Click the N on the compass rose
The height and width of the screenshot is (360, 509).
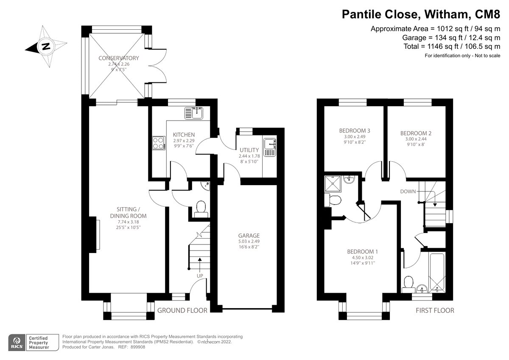(x=46, y=46)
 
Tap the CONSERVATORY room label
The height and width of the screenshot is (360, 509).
(x=119, y=58)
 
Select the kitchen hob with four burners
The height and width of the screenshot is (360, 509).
(x=159, y=143)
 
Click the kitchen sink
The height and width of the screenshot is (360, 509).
(x=194, y=113)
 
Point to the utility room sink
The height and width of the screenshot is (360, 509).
(x=270, y=147)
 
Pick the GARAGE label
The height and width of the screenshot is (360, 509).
(x=249, y=236)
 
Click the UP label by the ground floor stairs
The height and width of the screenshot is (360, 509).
(x=200, y=276)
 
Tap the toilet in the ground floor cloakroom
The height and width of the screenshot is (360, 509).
(x=201, y=209)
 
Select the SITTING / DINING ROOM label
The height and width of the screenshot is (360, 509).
(x=129, y=213)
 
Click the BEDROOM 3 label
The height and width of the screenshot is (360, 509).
(x=355, y=131)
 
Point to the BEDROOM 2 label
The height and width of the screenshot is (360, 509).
(x=416, y=133)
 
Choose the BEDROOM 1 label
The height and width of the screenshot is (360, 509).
(x=362, y=252)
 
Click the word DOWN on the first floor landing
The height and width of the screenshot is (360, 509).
(x=408, y=191)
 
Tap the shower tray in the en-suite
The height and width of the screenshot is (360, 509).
(x=333, y=184)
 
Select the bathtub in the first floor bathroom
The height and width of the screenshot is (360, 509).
(x=437, y=273)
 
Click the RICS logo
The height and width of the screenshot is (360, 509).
(x=17, y=343)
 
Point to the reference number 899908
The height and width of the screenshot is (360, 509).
(x=138, y=347)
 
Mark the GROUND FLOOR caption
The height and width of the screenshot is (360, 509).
(x=182, y=310)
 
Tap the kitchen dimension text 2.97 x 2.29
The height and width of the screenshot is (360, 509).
(x=184, y=141)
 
